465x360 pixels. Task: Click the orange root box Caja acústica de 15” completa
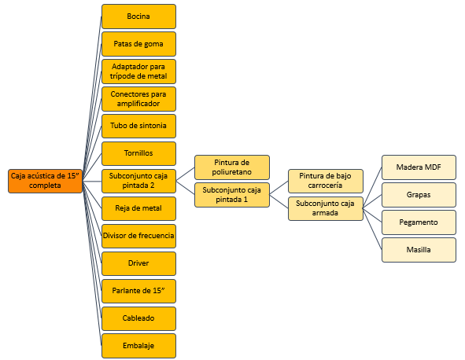45,181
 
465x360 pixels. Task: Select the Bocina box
138,17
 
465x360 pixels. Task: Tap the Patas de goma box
138,44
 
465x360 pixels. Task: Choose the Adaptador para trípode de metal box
138,72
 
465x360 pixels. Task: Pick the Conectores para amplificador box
138,99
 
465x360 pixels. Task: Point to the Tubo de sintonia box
138,126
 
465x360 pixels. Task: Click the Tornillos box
138,153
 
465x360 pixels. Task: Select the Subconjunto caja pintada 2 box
138,181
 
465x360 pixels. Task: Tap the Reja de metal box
138,208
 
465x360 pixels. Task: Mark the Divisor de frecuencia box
138,236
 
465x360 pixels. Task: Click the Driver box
138,263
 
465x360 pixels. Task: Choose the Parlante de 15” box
138,291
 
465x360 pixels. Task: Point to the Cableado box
138,318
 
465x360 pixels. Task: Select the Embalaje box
138,346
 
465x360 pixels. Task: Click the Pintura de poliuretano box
232,167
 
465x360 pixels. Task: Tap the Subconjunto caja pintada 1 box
232,195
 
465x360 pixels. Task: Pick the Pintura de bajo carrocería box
326,181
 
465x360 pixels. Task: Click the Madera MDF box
419,167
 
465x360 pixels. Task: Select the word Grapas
419,195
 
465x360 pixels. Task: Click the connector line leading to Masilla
372,229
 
